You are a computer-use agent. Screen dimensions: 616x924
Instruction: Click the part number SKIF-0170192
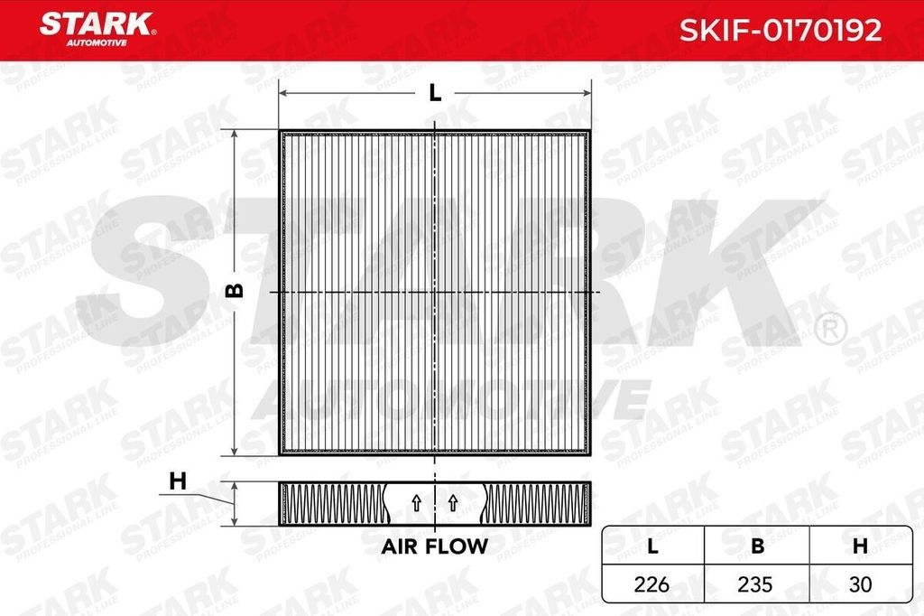pyautogui.click(x=780, y=32)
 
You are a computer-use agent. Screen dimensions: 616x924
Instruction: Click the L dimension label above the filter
pyautogui.click(x=435, y=92)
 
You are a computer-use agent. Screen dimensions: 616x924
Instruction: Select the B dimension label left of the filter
pyautogui.click(x=234, y=291)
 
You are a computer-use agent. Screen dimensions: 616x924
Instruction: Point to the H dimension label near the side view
pyautogui.click(x=178, y=481)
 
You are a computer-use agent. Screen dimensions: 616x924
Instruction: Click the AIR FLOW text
pyautogui.click(x=434, y=546)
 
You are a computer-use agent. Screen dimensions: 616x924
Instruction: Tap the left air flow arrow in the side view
pyautogui.click(x=416, y=503)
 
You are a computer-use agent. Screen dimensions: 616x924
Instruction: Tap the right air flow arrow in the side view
pyautogui.click(x=453, y=503)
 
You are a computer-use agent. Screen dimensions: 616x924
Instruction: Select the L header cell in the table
pyautogui.click(x=653, y=546)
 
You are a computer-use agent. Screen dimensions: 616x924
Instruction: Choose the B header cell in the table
pyautogui.click(x=757, y=546)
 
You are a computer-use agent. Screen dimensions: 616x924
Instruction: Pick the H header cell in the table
pyautogui.click(x=860, y=546)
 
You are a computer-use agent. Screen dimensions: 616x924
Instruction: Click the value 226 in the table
pyautogui.click(x=653, y=584)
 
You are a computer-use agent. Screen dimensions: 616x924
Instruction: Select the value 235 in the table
pyautogui.click(x=757, y=584)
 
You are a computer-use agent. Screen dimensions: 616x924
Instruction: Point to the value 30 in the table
pyautogui.click(x=860, y=584)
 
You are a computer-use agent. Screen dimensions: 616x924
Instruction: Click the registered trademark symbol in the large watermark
pyautogui.click(x=828, y=326)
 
